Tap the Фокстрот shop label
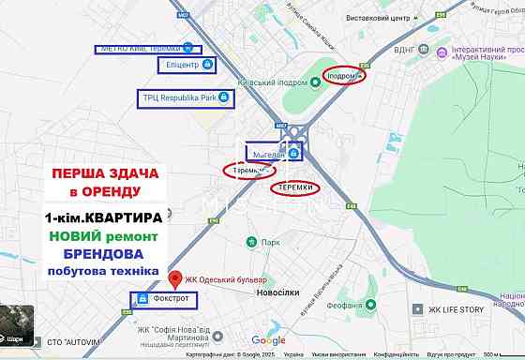click(x=172, y=299)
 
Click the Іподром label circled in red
click(x=341, y=75)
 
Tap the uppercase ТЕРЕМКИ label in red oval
click(x=294, y=188)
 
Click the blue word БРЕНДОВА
click(x=103, y=254)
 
